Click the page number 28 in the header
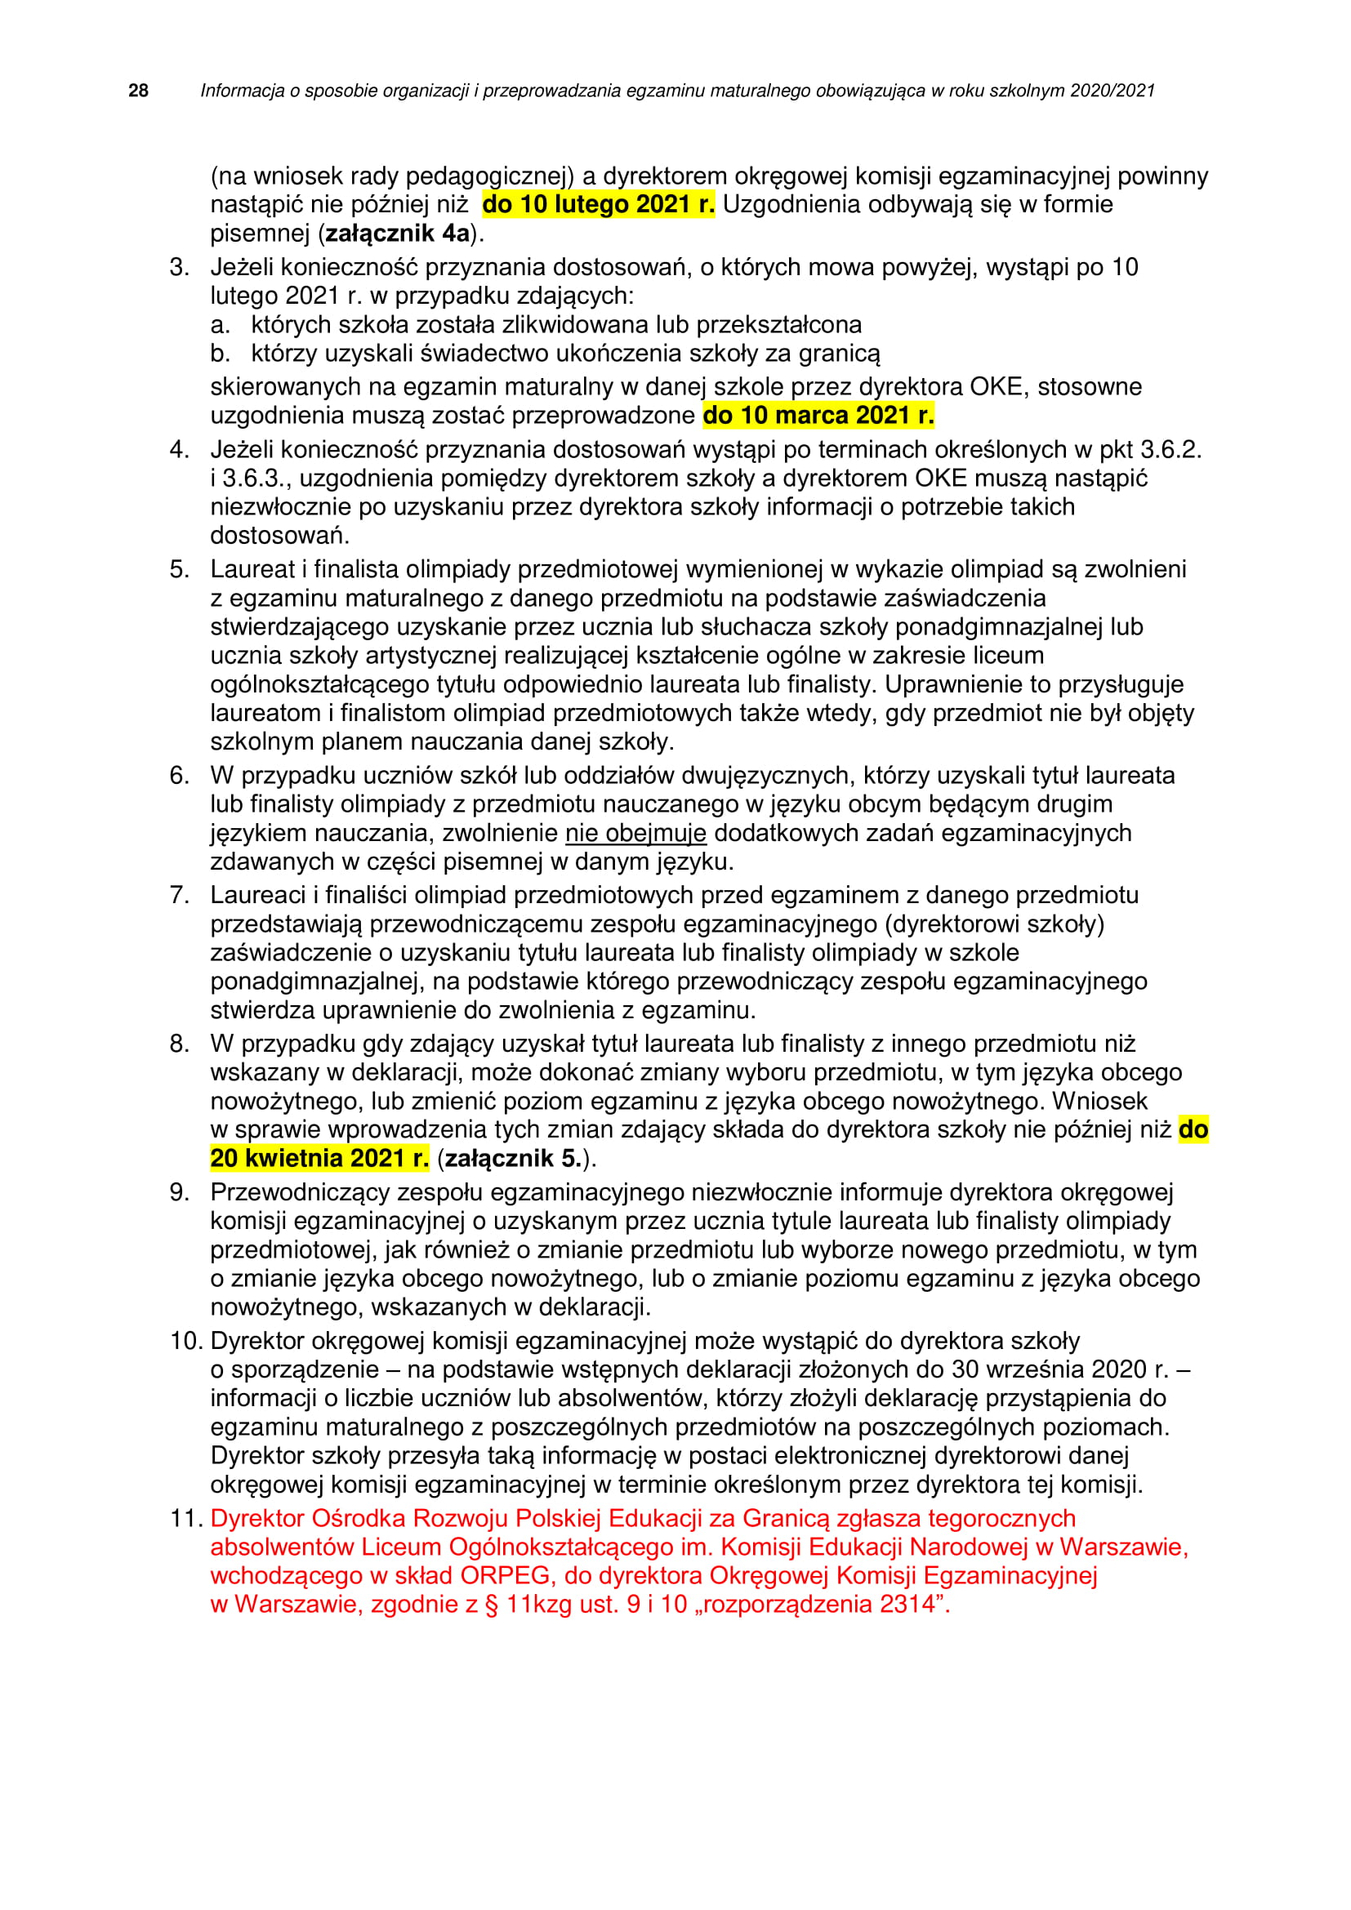(138, 91)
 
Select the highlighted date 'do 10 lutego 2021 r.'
(598, 205)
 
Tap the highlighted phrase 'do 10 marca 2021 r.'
(818, 415)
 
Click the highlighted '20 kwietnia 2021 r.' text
(319, 1158)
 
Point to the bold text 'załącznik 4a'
(398, 234)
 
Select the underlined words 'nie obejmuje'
(635, 833)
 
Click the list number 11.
(186, 1518)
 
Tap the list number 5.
(180, 570)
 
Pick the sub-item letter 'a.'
(220, 325)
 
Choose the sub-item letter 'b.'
(220, 354)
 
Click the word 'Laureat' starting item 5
(252, 570)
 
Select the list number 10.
(186, 1341)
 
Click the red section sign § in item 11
(492, 1604)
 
